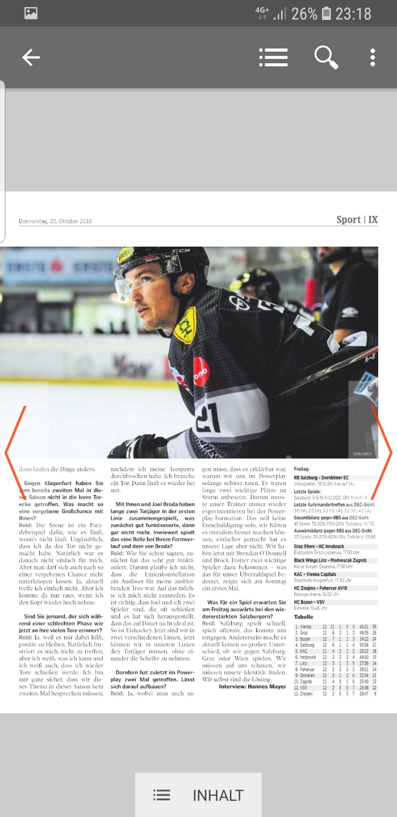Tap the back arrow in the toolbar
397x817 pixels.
point(31,57)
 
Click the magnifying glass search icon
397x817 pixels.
point(326,57)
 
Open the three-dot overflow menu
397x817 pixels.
point(373,57)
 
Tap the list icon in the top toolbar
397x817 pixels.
point(273,57)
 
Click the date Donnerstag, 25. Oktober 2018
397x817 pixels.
point(55,221)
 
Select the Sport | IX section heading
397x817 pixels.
point(357,220)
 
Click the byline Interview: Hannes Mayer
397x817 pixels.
point(252,686)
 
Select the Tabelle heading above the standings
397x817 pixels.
point(303,617)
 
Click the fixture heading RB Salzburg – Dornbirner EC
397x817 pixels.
point(321,477)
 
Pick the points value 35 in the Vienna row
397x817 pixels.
point(374,627)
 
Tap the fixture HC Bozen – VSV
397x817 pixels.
point(309,602)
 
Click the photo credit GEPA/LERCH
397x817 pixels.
point(362,453)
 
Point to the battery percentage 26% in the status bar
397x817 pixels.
point(304,14)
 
